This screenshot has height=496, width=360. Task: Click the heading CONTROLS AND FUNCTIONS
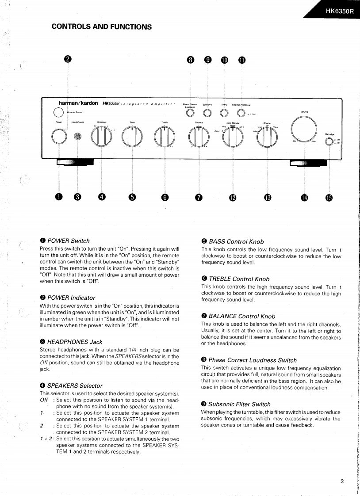pos(102,27)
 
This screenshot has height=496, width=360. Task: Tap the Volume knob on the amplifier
pos(305,128)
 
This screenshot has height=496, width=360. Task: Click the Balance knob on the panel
pos(199,137)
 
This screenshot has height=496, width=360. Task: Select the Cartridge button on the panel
pos(329,142)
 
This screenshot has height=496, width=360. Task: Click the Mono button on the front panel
pos(225,112)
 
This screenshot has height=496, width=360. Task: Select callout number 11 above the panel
pos(241,60)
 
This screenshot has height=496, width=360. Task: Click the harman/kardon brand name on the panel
pos(78,103)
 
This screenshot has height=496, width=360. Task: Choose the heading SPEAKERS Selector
pos(74,385)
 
